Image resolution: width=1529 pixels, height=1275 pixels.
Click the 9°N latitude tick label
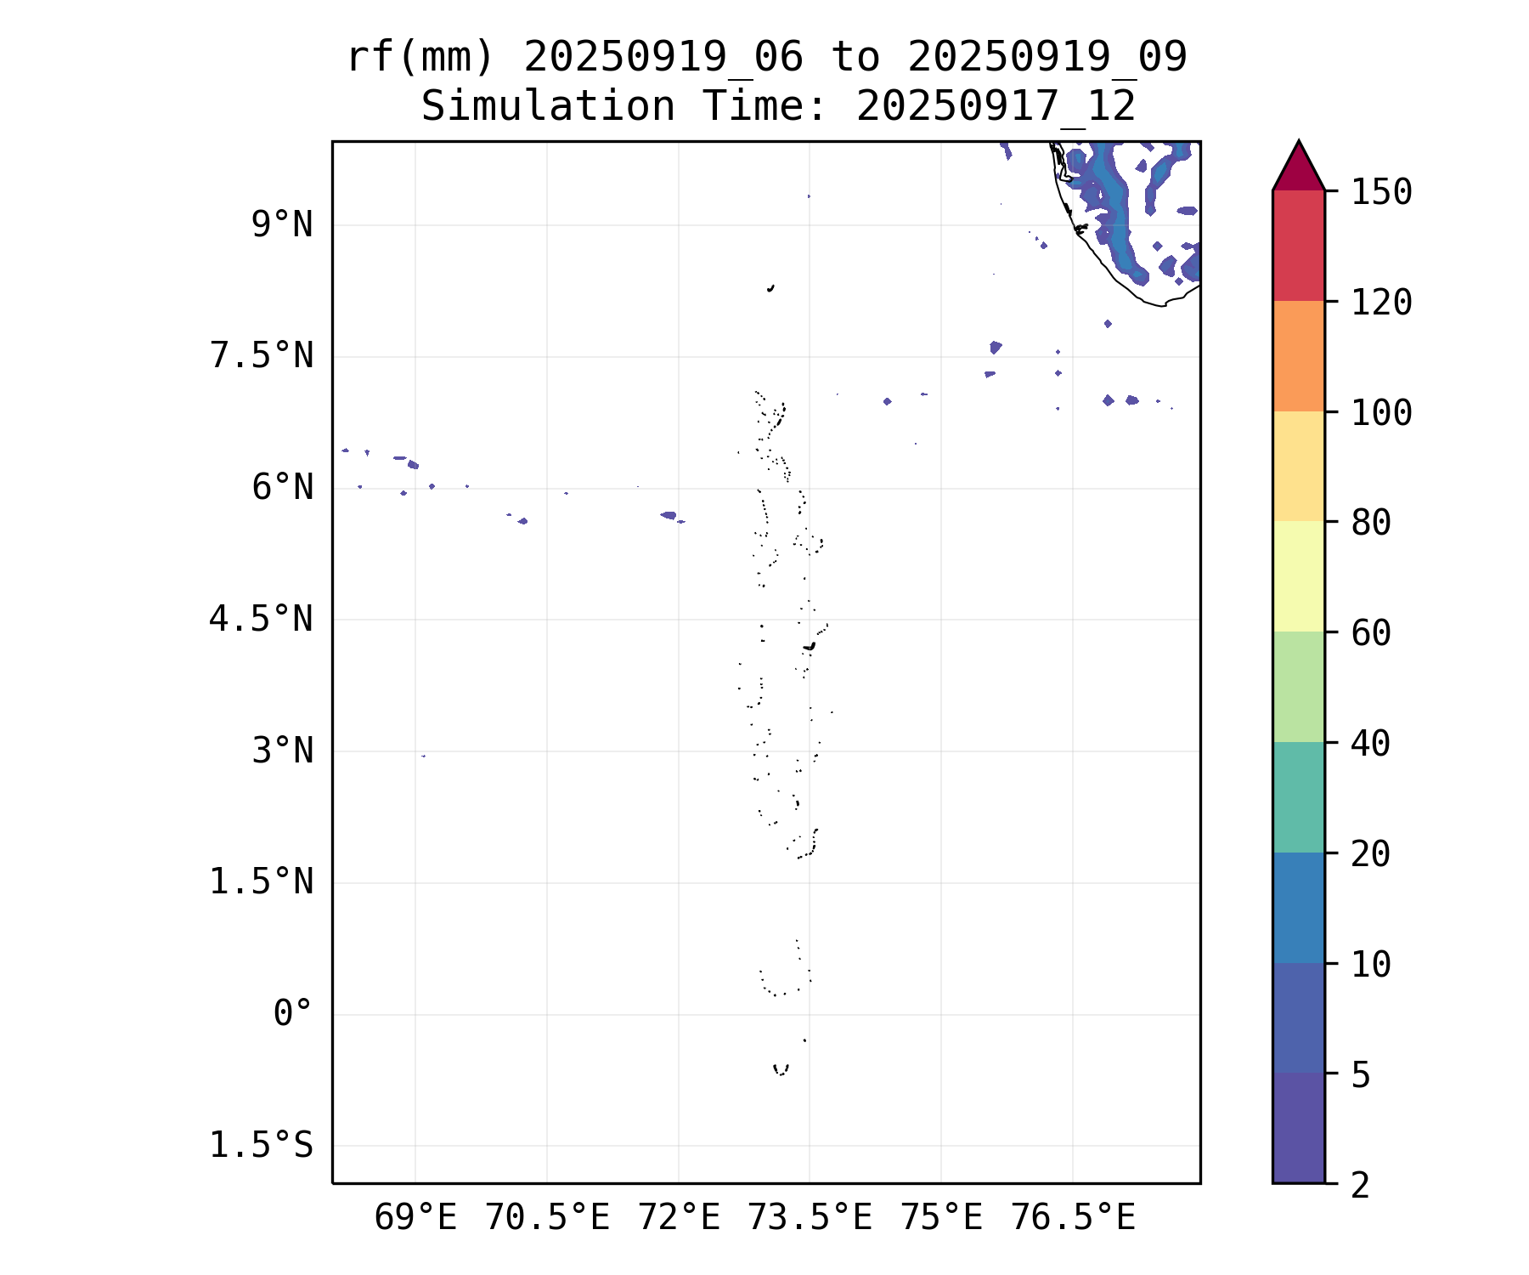282,225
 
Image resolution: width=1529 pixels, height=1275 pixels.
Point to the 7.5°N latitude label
261,356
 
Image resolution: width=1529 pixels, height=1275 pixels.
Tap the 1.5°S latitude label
261,1146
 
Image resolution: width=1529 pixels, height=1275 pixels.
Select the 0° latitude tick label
292,1014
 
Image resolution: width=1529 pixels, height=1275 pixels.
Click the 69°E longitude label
415,1218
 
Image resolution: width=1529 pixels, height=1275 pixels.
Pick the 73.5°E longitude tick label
810,1218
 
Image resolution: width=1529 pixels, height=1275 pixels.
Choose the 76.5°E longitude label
1072,1218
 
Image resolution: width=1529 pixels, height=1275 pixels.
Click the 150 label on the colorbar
1381,192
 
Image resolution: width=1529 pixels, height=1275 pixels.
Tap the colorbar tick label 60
1371,632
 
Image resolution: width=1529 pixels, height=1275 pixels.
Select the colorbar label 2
1361,1185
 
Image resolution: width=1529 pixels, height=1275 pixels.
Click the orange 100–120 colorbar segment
1298,356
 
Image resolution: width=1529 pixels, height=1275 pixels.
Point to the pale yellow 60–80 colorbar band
1298,576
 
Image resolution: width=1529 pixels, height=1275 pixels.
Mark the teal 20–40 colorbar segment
1298,796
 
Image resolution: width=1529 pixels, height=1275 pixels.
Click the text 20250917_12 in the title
996,107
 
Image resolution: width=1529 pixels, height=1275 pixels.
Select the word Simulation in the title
548,107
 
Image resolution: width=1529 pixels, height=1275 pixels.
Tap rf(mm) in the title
420,58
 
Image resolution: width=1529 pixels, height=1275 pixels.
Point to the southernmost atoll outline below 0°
781,1069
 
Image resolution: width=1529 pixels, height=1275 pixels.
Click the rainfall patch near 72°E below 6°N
669,515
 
